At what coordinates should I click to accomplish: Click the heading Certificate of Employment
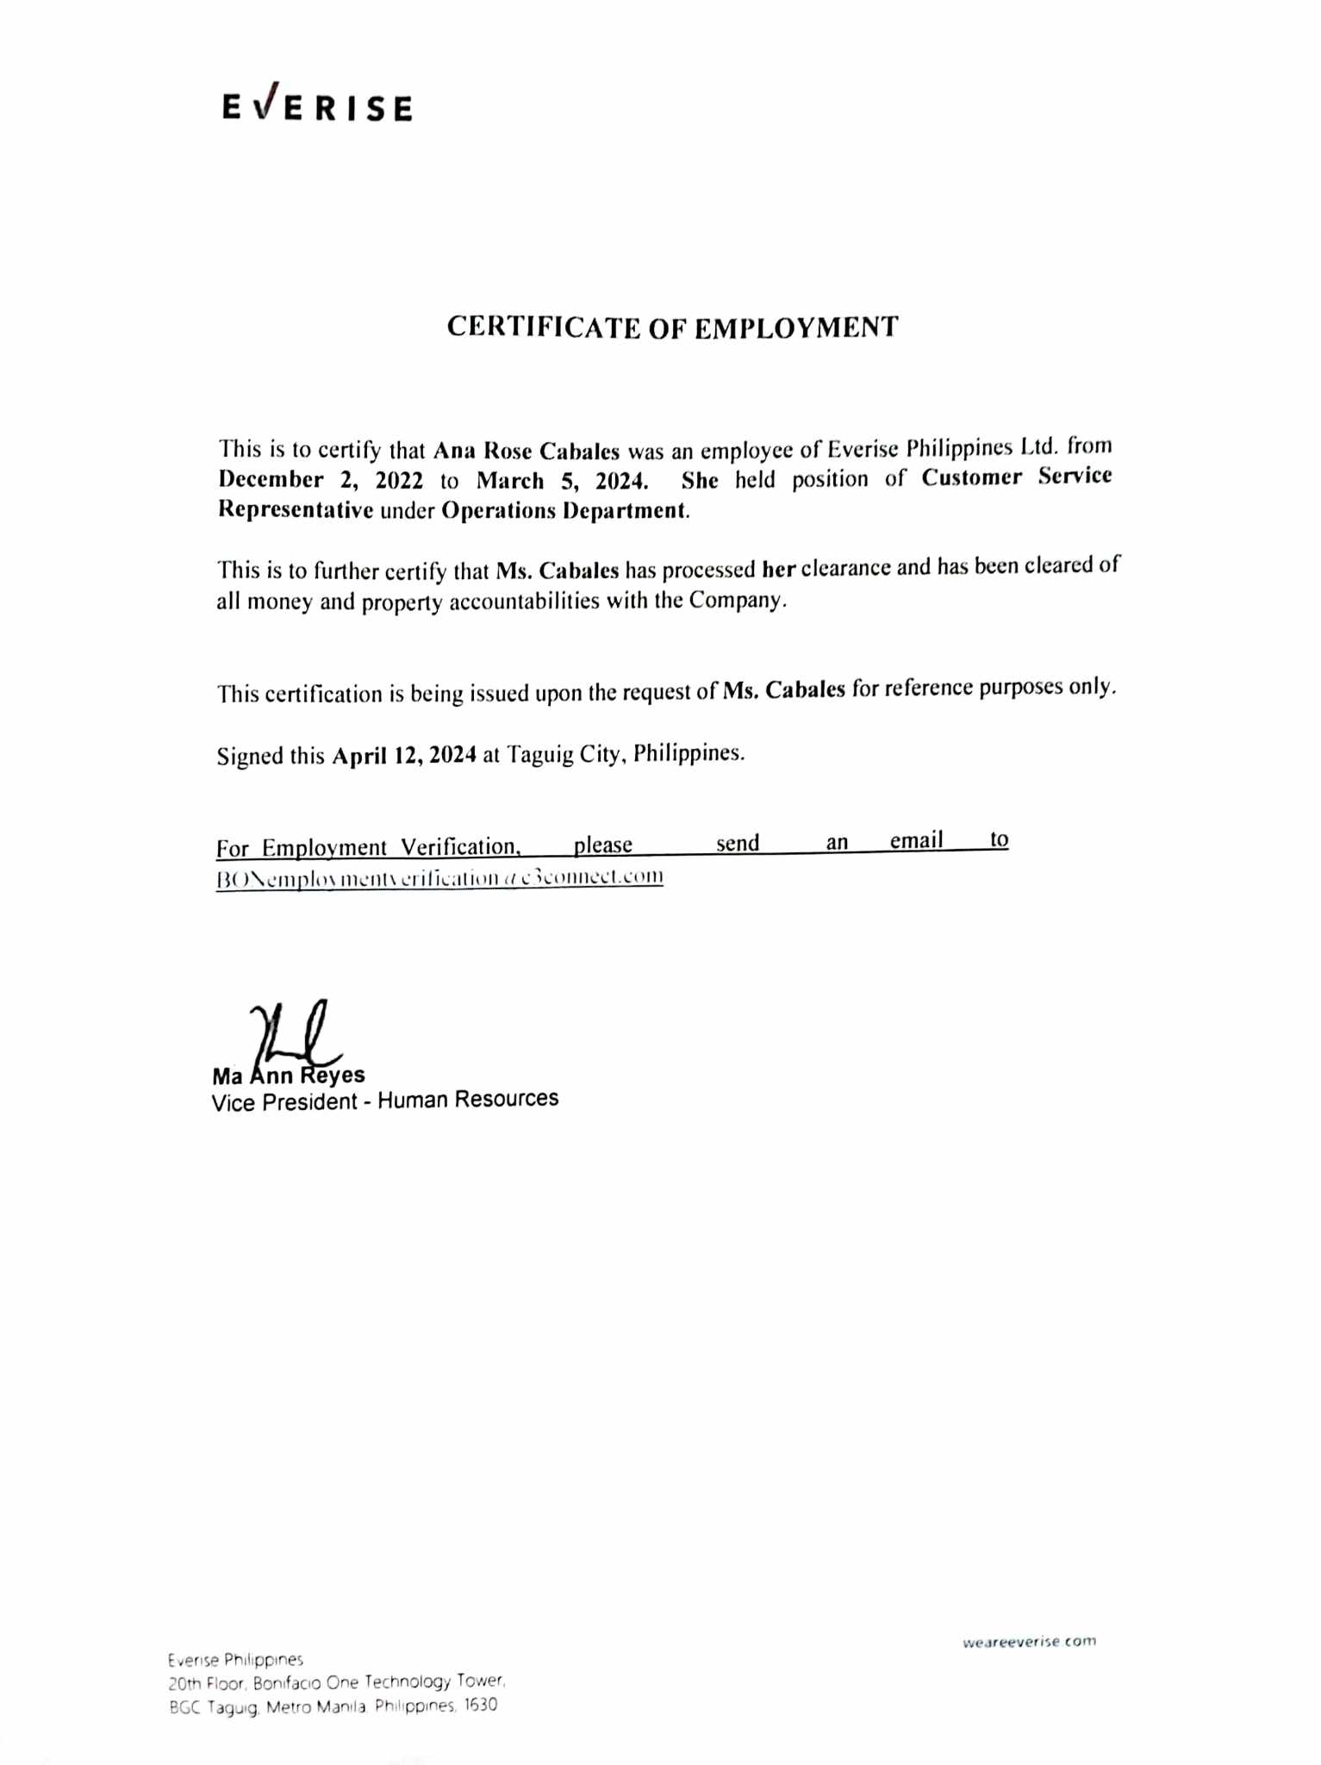click(x=672, y=327)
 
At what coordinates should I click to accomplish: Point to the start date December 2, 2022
click(x=320, y=480)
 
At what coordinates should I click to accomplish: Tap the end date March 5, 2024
click(x=561, y=480)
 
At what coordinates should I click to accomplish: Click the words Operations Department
click(x=564, y=510)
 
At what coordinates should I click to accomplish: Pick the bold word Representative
click(x=295, y=510)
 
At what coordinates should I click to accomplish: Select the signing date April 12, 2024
click(x=404, y=756)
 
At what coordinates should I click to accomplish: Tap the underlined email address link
click(x=439, y=878)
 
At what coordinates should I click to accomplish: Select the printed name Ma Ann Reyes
click(x=289, y=1076)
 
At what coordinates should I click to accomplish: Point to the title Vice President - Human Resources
click(x=385, y=1101)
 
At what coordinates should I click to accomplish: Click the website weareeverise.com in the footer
click(x=1029, y=1642)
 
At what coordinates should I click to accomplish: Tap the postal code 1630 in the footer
click(x=480, y=1705)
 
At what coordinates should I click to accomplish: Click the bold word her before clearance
click(x=778, y=569)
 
